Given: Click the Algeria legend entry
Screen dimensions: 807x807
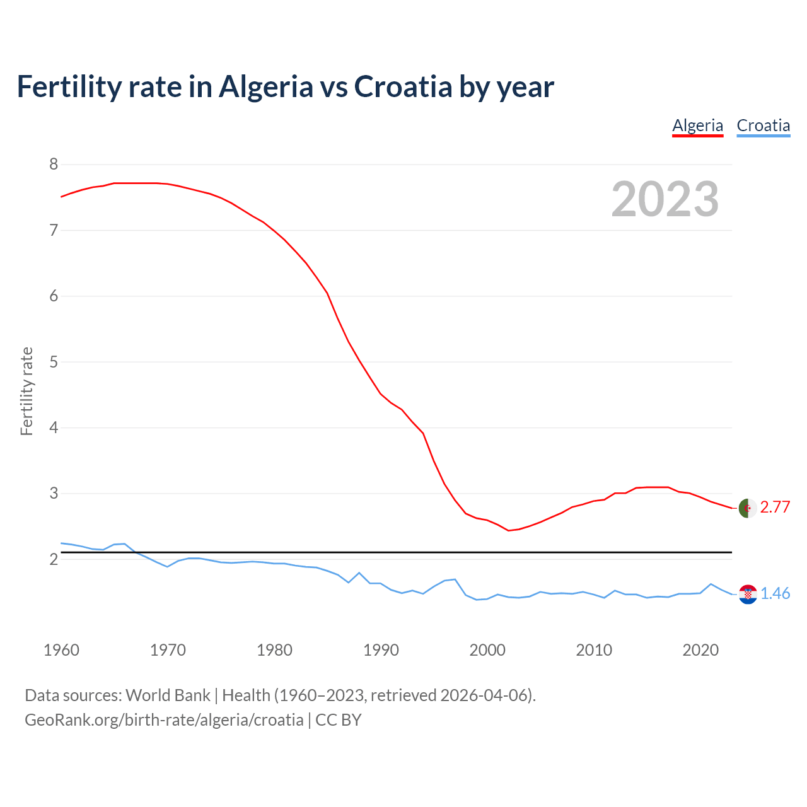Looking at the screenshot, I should click(697, 125).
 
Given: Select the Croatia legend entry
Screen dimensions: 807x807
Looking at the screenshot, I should click(763, 125).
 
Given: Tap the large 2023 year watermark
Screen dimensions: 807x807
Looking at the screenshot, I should click(665, 199).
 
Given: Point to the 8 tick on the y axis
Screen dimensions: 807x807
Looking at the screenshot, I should click(54, 165).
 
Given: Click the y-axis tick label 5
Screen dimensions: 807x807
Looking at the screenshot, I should click(54, 362).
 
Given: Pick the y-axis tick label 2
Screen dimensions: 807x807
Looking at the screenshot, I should click(54, 559).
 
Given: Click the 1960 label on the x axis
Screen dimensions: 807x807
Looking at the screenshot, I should click(61, 650).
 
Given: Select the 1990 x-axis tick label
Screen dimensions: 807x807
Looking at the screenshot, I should click(381, 650).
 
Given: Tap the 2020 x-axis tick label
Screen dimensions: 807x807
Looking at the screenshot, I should click(700, 650).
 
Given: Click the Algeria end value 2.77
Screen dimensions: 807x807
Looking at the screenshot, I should click(775, 508).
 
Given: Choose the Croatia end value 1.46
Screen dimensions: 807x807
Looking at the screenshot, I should click(775, 594).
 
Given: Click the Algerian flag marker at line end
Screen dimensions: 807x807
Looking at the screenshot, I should click(748, 508).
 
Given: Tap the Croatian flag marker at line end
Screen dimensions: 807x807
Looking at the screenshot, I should click(748, 594).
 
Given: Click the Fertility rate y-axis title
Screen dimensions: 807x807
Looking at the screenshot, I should click(26, 391).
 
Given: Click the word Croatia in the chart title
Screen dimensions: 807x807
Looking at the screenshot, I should click(403, 87).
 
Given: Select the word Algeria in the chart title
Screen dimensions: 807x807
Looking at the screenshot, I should click(265, 87).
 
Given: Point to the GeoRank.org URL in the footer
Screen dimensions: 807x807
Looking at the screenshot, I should click(164, 720).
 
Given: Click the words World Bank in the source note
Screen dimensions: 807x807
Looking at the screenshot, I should click(168, 695).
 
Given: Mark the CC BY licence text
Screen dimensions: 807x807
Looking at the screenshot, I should click(339, 720).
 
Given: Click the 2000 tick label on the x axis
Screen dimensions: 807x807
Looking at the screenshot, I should click(487, 650).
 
